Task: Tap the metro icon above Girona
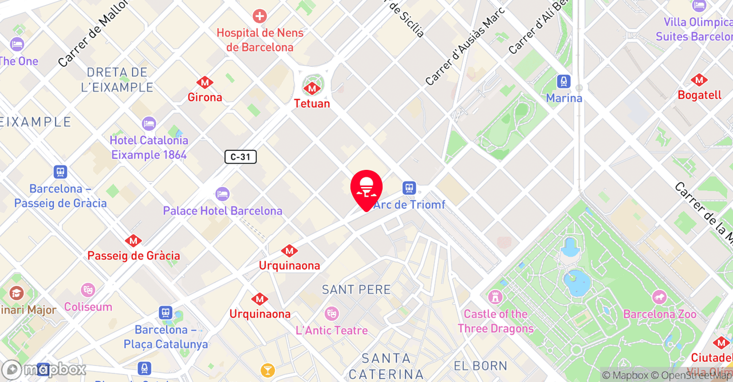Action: tap(204, 82)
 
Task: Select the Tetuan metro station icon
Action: tap(312, 88)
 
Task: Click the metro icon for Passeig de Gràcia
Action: tap(133, 241)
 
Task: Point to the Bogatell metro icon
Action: tap(698, 80)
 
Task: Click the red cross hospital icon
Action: tap(260, 16)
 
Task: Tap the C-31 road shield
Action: tap(241, 157)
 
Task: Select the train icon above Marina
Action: tap(564, 82)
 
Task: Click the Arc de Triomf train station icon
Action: tap(409, 188)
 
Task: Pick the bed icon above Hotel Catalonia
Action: tap(149, 124)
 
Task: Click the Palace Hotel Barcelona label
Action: tap(223, 211)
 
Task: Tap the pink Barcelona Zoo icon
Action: tap(660, 297)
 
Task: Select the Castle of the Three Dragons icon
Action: tap(495, 297)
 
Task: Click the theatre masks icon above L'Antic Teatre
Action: tap(331, 313)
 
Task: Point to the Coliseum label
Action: tap(88, 307)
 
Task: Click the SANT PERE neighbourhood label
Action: tap(356, 290)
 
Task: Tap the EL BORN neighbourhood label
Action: tap(480, 366)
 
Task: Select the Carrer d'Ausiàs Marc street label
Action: tap(465, 47)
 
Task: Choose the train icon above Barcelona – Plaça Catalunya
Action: tap(165, 313)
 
